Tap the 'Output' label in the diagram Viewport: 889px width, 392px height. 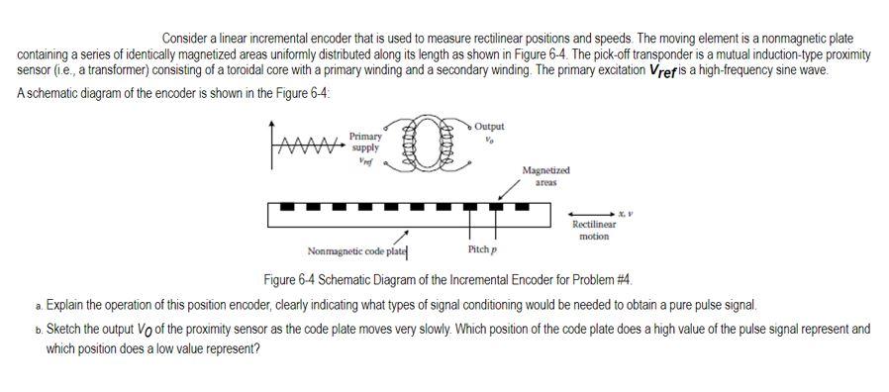[x=489, y=127]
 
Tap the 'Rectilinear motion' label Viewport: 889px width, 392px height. [x=594, y=231]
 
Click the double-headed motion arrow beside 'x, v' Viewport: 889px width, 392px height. [x=594, y=212]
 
